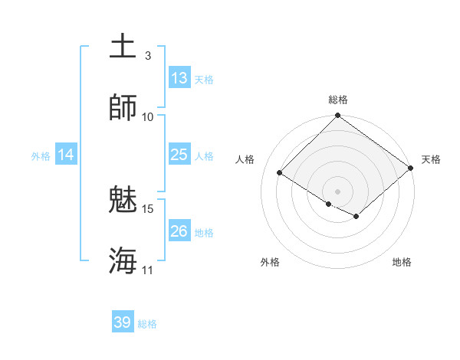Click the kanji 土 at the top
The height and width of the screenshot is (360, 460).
123,46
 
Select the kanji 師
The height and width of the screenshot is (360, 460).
123,107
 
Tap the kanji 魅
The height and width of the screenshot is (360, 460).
123,200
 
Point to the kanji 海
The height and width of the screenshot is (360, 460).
123,260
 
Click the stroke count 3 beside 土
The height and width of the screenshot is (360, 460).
147,55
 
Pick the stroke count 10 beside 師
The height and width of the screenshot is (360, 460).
148,116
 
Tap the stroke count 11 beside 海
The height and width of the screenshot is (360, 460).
148,270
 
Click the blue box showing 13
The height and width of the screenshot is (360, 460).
179,78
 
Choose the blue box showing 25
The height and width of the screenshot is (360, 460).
179,155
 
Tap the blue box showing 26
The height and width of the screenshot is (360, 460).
179,231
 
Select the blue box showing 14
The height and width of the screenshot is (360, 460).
66,155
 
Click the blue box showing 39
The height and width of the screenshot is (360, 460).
123,322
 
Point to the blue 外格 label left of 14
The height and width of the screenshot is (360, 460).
41,156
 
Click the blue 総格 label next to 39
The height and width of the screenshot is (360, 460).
147,324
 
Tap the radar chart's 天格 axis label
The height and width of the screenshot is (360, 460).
431,159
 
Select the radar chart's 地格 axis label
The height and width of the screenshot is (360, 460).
402,263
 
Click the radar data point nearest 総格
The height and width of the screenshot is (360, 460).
337,116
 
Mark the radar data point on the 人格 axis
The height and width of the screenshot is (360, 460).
280,172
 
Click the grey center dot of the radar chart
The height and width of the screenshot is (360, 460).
337,191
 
